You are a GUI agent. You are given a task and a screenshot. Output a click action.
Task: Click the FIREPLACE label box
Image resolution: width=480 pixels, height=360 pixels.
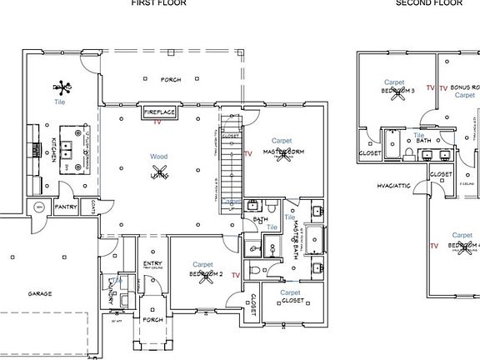tap(158, 112)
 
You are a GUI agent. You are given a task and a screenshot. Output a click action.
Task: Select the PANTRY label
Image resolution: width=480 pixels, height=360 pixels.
tap(66, 206)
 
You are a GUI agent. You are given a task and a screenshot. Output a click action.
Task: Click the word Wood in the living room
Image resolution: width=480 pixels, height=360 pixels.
tap(158, 157)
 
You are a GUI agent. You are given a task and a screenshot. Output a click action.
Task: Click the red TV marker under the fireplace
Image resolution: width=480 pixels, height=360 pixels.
tap(157, 122)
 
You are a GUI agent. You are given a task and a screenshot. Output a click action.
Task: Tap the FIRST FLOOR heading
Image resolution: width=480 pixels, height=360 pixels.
tap(158, 3)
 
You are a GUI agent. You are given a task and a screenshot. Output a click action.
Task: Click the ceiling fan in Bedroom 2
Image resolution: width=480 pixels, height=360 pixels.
tap(202, 274)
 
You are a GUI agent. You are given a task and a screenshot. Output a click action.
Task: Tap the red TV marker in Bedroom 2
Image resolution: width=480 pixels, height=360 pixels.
tap(236, 274)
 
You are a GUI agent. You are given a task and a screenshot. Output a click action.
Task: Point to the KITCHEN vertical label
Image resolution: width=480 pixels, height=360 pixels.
tap(52, 150)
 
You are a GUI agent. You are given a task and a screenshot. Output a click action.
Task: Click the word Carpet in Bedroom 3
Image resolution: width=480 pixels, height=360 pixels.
tap(395, 82)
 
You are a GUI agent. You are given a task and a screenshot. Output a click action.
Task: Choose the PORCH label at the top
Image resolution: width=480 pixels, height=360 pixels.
tap(171, 79)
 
